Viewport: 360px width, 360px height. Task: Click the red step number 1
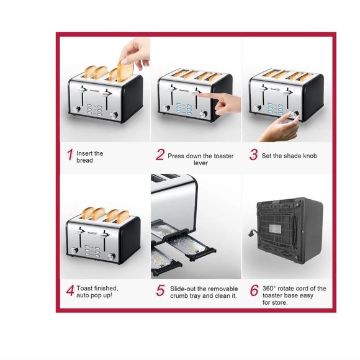click(70, 155)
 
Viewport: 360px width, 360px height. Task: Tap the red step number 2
click(160, 155)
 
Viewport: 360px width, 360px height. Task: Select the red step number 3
click(253, 155)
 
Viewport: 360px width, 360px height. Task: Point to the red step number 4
click(70, 290)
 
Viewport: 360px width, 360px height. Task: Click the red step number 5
click(160, 290)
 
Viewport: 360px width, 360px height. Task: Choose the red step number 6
click(254, 290)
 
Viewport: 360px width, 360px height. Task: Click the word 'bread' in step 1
click(85, 160)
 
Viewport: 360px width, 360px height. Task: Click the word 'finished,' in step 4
click(105, 288)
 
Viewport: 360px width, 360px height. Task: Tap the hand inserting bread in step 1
click(135, 53)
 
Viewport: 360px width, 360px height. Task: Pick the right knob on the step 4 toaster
click(113, 256)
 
